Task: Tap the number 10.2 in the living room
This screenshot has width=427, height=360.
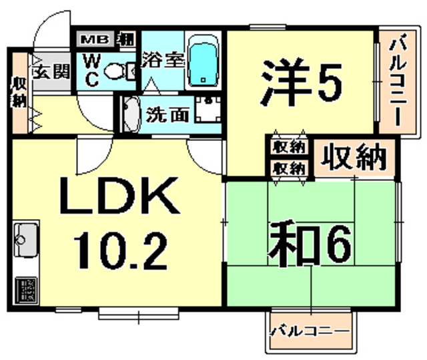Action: tap(120, 248)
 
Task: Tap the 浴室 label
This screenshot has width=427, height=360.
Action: tap(163, 59)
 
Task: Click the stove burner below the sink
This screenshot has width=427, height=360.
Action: tap(27, 288)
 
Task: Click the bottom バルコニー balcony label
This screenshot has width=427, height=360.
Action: tap(310, 331)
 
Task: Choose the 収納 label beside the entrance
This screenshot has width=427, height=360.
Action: tap(17, 94)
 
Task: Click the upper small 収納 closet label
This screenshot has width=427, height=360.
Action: tap(289, 146)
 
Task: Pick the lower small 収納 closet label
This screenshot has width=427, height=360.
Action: tap(289, 168)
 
